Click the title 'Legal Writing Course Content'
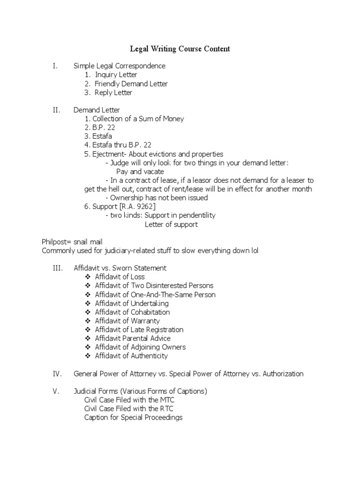click(180, 49)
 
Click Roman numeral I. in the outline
click(55, 66)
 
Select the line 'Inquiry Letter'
click(116, 75)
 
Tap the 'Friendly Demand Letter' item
click(131, 84)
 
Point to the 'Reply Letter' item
click(113, 93)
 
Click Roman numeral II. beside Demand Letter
click(57, 110)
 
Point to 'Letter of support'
click(171, 225)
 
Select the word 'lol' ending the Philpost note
click(255, 251)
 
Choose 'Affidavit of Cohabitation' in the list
click(132, 312)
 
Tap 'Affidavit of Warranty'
click(127, 321)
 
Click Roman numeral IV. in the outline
click(56, 374)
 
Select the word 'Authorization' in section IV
click(283, 374)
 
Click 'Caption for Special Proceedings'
click(133, 418)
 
